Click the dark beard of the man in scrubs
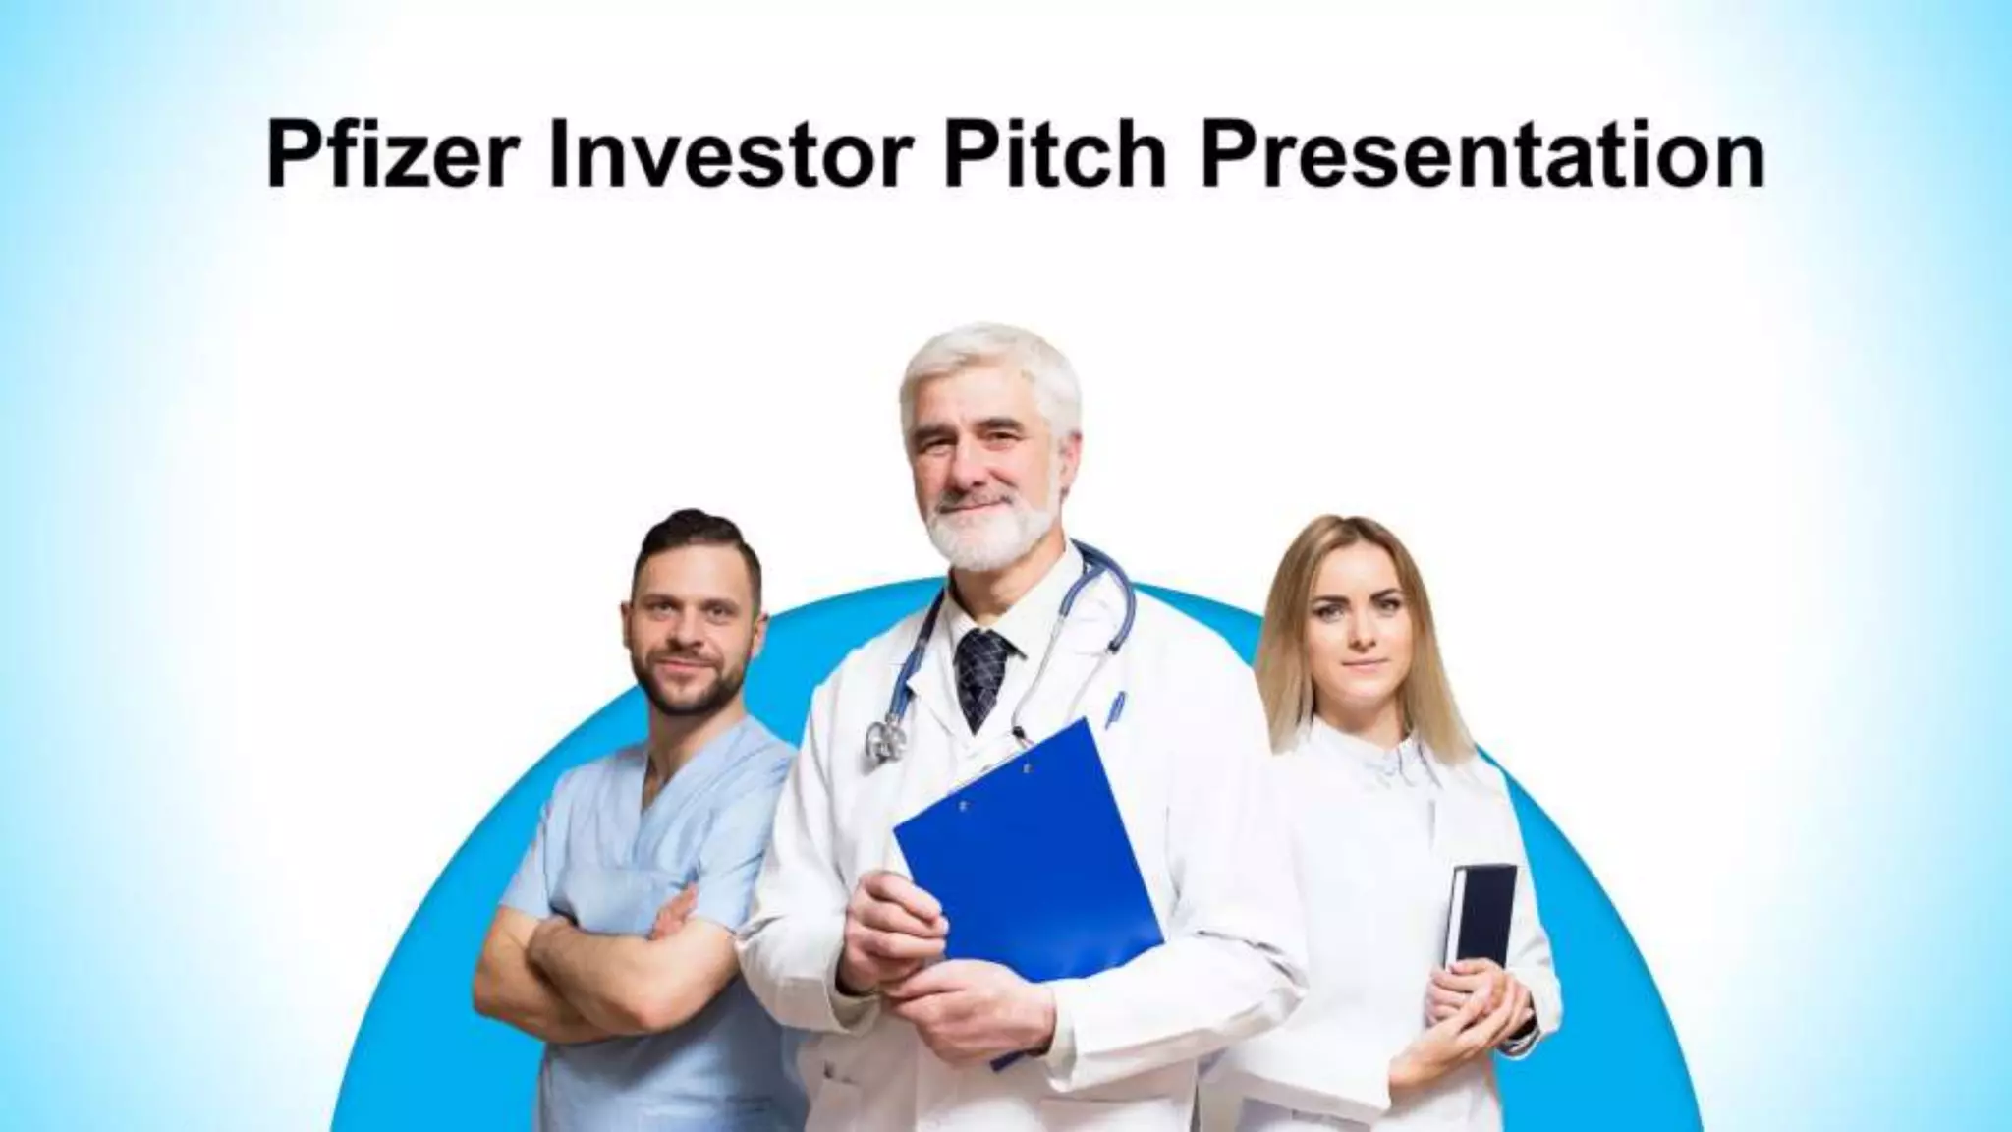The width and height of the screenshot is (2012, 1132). [x=688, y=688]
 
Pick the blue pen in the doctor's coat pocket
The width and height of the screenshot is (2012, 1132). [x=1116, y=707]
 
